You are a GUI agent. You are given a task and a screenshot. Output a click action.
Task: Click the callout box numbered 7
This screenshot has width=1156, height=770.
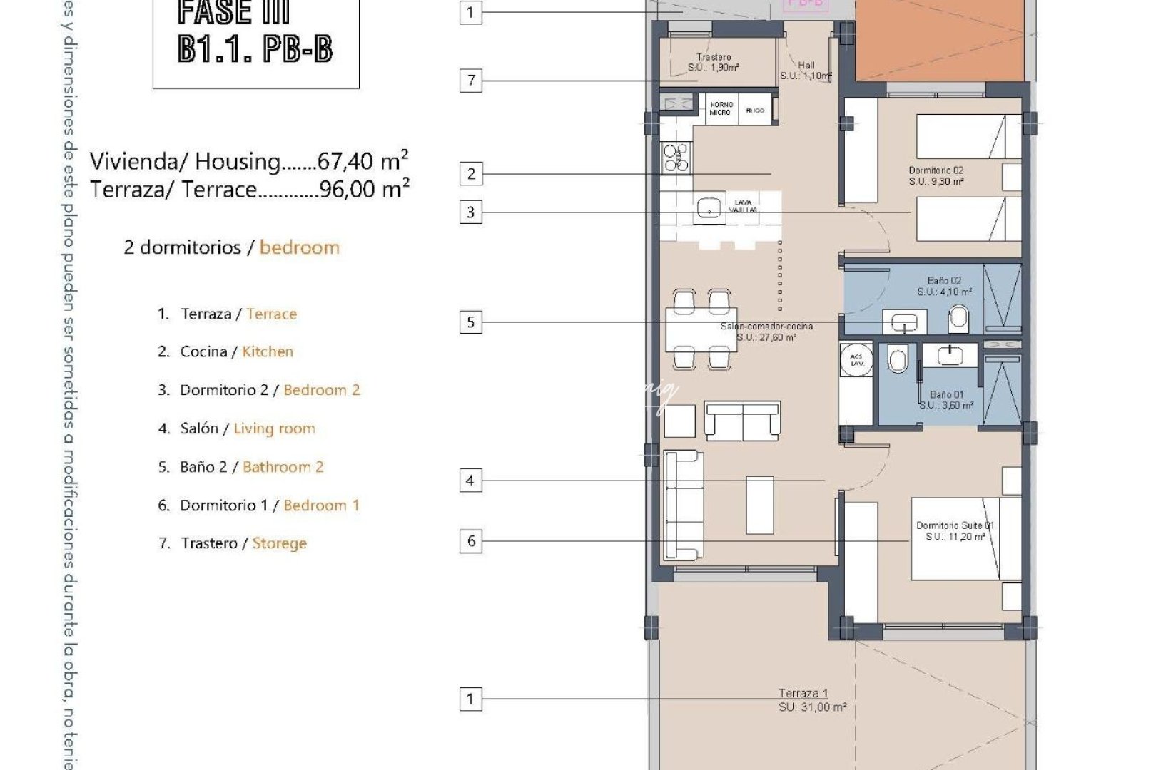pos(470,80)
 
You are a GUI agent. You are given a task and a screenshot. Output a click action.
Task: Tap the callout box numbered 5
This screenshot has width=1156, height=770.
pos(470,322)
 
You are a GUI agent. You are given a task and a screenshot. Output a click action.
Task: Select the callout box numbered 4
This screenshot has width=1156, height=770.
pos(470,481)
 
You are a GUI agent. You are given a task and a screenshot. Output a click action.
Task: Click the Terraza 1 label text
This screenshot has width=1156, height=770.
pos(803,693)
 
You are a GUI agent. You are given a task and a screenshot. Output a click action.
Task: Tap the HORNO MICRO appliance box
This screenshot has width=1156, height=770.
pos(720,109)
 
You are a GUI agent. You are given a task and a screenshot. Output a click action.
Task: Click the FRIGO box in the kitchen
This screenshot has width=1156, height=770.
pos(755,111)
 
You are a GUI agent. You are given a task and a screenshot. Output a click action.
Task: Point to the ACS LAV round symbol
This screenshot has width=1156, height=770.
pos(856,360)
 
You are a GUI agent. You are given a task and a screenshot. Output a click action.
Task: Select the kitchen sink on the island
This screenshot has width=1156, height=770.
pos(709,208)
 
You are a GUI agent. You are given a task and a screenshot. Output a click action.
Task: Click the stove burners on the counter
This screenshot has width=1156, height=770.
pos(676,158)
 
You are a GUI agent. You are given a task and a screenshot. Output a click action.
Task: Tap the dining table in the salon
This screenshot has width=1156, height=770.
pos(701,329)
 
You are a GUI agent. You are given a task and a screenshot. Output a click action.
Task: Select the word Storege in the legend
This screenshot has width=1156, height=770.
pos(279,543)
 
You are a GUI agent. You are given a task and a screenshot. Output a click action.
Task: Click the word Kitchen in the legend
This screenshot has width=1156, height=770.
pos(268,351)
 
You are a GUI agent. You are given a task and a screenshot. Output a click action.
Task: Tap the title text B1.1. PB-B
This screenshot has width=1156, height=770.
pos(255,48)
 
